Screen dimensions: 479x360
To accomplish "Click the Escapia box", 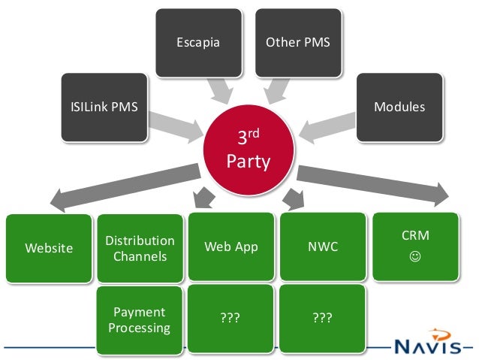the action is pos(199,43).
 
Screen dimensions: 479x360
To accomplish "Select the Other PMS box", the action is pos(298,43).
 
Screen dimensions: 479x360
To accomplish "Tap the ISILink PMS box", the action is pos(104,107).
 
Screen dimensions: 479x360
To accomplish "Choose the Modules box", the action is pos(399,107).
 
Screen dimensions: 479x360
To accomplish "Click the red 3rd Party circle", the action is pos(249,150).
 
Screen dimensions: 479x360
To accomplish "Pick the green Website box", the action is pos(49,248).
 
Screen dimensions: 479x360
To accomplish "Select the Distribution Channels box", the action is pos(140,248).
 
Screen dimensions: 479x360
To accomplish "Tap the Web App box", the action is pos(231,247).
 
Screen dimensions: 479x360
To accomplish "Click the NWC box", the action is pos(323,247).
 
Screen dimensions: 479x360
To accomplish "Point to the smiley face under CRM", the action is pos(415,256).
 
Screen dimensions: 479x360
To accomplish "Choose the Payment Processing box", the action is pos(140,320).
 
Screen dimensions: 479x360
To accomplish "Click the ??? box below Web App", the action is pos(230,319).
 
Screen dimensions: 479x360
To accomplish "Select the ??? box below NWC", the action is pos(322,319).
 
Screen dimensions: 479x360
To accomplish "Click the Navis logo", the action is pos(428,342).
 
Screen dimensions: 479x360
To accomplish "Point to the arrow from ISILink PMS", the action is pos(176,127).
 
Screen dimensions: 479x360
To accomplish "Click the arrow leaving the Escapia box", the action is pos(220,91).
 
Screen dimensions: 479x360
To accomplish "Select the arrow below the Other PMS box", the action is pos(276,91).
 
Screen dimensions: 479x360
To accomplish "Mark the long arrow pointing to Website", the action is pos(125,187).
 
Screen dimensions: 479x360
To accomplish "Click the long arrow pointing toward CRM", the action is pos(372,186).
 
